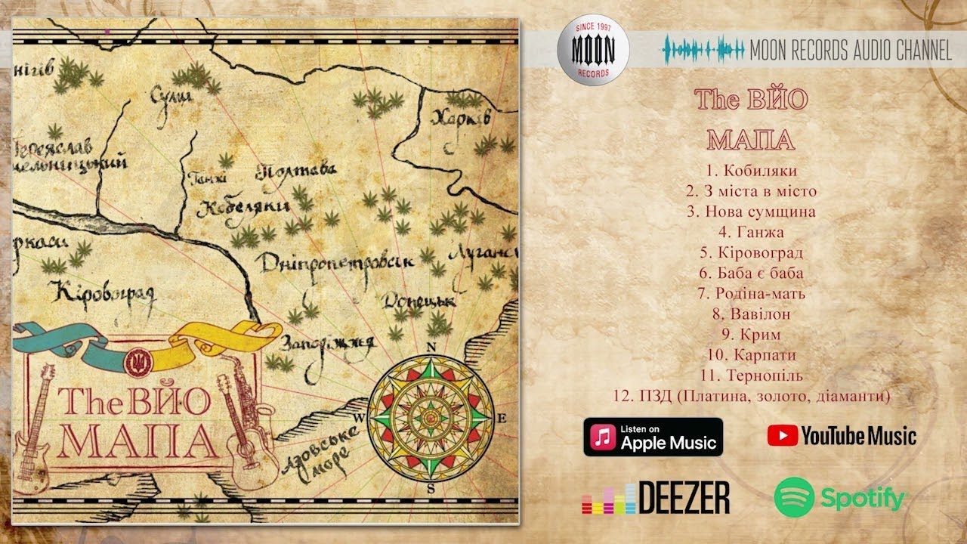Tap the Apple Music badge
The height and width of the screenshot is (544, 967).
(x=653, y=437)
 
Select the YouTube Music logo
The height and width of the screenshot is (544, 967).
(x=842, y=435)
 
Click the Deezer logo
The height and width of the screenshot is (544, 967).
(x=656, y=498)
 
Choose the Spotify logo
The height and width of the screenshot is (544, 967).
(x=839, y=498)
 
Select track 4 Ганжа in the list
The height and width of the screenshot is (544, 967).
(x=751, y=232)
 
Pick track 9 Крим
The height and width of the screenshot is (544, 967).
(x=751, y=334)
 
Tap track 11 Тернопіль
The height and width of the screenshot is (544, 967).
(x=751, y=375)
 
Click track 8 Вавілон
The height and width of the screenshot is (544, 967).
(x=751, y=314)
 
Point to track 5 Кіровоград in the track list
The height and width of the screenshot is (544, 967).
(x=751, y=252)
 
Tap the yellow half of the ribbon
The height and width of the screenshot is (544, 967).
(x=219, y=337)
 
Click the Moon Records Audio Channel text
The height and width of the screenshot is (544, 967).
(x=850, y=51)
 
